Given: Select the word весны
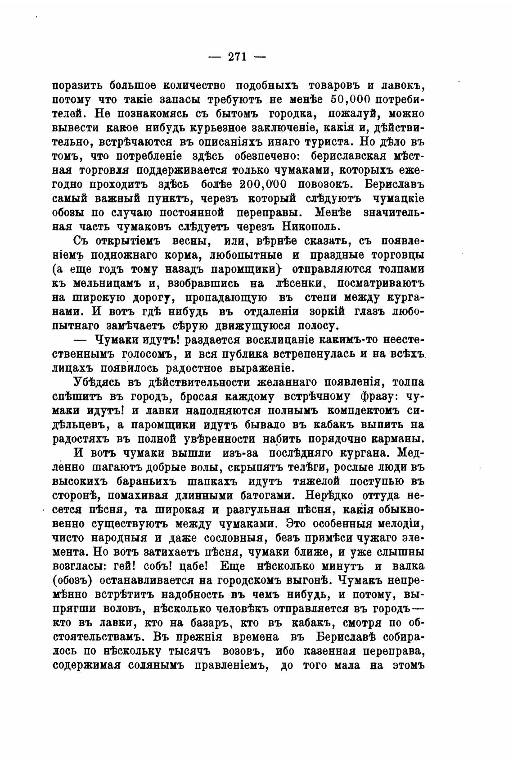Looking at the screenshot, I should click(192, 241).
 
